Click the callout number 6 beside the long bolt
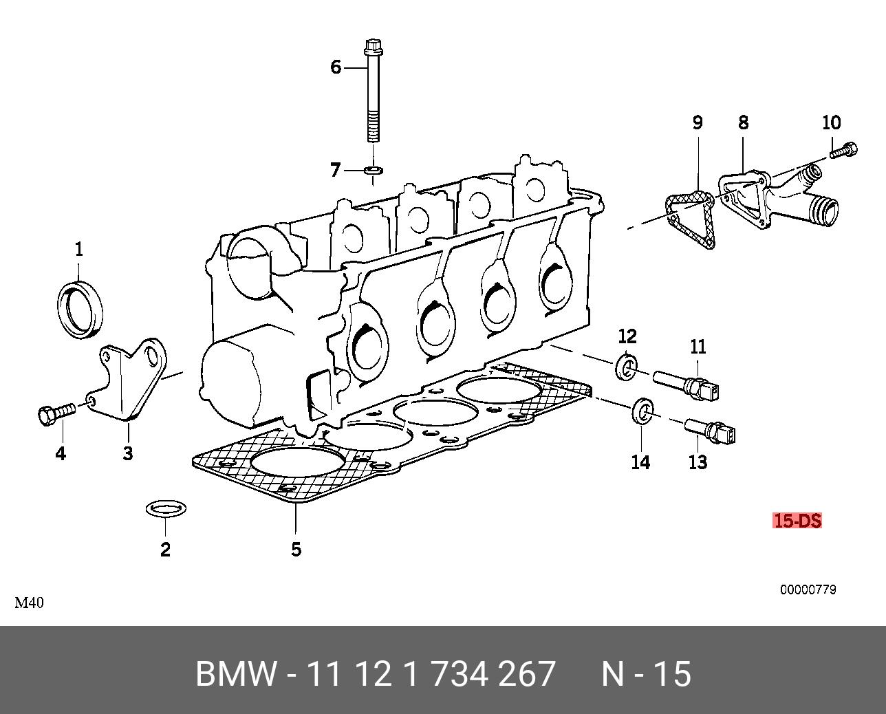click(336, 67)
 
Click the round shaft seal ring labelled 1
click(80, 309)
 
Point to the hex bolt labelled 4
click(54, 414)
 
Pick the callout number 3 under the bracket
click(128, 454)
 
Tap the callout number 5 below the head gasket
click(296, 550)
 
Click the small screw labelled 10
click(843, 149)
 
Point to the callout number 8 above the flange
click(743, 123)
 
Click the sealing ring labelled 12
click(626, 367)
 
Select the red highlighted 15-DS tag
click(797, 521)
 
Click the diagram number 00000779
click(808, 590)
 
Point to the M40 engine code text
click(30, 603)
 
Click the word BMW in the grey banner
click(237, 674)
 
